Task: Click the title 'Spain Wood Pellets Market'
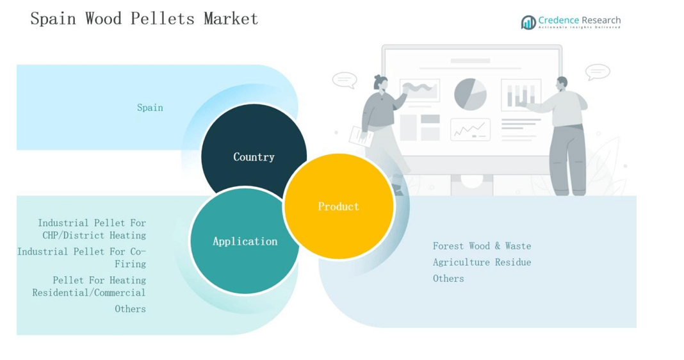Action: point(144,19)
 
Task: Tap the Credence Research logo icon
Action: point(528,23)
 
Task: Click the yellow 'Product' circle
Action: point(339,206)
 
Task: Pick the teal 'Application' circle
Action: point(245,241)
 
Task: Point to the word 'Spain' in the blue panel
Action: point(150,108)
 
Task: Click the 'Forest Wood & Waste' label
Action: point(482,246)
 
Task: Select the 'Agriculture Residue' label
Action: point(482,262)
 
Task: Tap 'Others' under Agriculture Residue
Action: point(448,279)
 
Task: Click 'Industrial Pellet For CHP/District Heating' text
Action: point(92,229)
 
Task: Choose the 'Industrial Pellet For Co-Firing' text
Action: point(82,258)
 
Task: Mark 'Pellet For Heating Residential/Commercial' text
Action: point(90,286)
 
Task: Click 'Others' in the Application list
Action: point(130,309)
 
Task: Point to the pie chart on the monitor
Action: point(470,94)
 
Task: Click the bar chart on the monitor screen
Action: point(520,95)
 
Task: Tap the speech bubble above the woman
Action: point(345,80)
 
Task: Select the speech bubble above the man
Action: point(598,72)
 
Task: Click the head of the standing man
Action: point(562,83)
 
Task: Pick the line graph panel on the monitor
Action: point(470,130)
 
